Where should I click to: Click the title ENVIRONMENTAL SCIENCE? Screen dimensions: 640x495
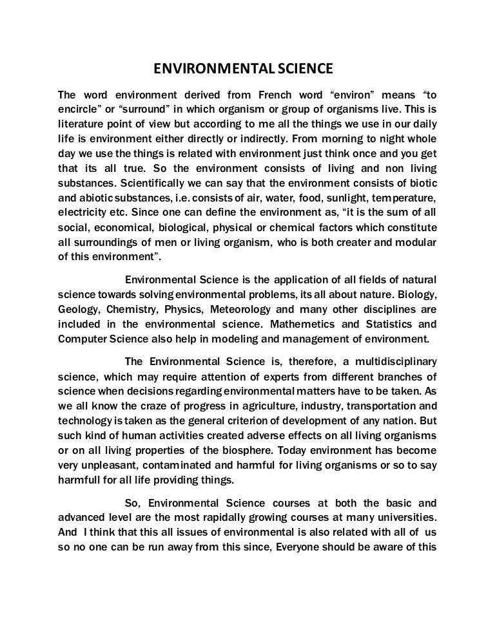(247, 69)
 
